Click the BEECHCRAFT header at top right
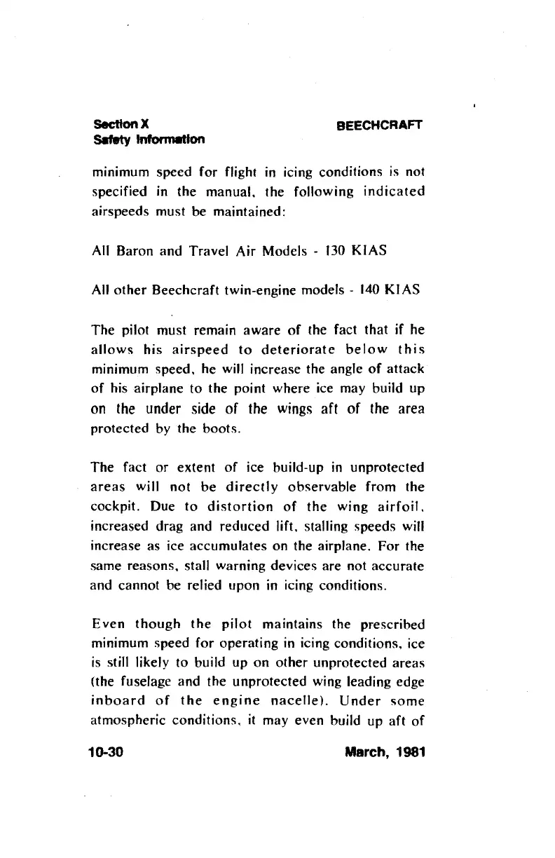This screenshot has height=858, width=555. pos(381,126)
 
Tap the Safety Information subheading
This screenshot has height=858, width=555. pos(149,139)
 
